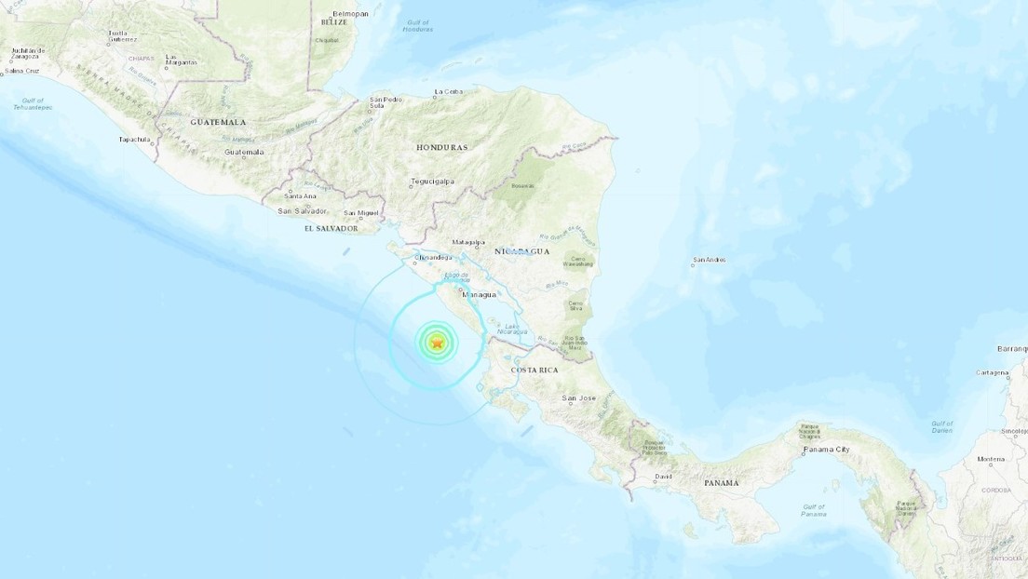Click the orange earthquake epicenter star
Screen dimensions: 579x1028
tap(437, 343)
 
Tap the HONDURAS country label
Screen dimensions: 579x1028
tap(442, 148)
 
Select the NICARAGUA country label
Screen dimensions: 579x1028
tap(522, 251)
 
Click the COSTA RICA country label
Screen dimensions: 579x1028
tap(534, 370)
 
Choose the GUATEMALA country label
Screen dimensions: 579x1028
tap(218, 122)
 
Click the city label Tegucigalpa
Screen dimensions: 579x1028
tap(432, 182)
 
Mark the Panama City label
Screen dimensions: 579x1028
tap(826, 450)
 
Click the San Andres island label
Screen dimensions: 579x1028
tap(710, 260)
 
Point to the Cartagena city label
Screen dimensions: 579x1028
tap(992, 372)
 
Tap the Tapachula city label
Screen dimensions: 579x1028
tap(134, 140)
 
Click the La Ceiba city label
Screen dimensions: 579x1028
tap(448, 91)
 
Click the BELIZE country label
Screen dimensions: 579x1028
tap(332, 20)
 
